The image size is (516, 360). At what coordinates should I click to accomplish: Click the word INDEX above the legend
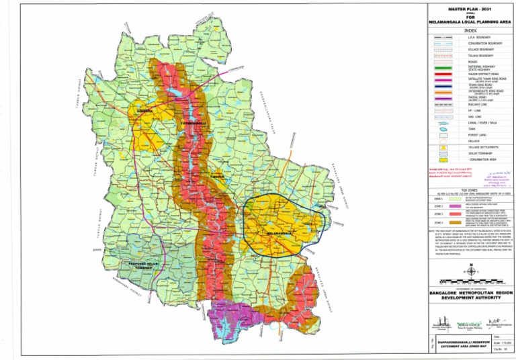[460, 30]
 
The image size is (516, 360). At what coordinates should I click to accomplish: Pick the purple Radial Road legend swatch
[442, 98]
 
